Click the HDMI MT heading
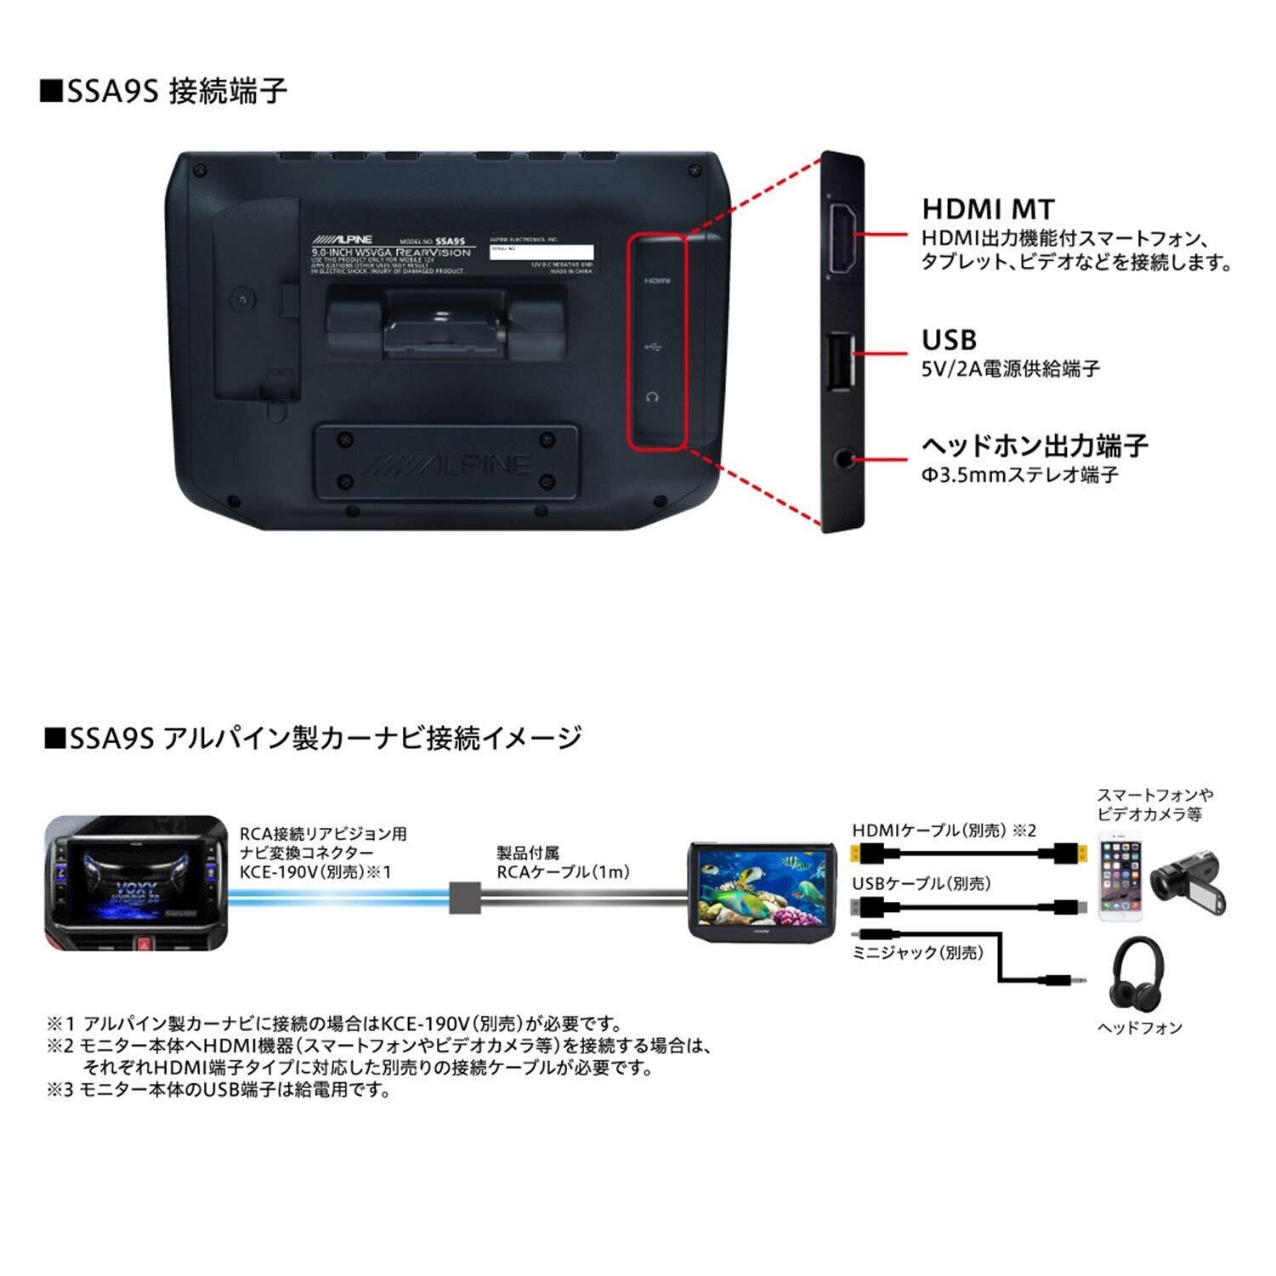(988, 209)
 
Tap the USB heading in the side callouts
(949, 340)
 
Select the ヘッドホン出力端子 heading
(1035, 445)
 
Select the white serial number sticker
(542, 252)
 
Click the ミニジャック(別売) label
(917, 953)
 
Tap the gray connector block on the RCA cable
(464, 896)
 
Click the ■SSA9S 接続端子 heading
(165, 91)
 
